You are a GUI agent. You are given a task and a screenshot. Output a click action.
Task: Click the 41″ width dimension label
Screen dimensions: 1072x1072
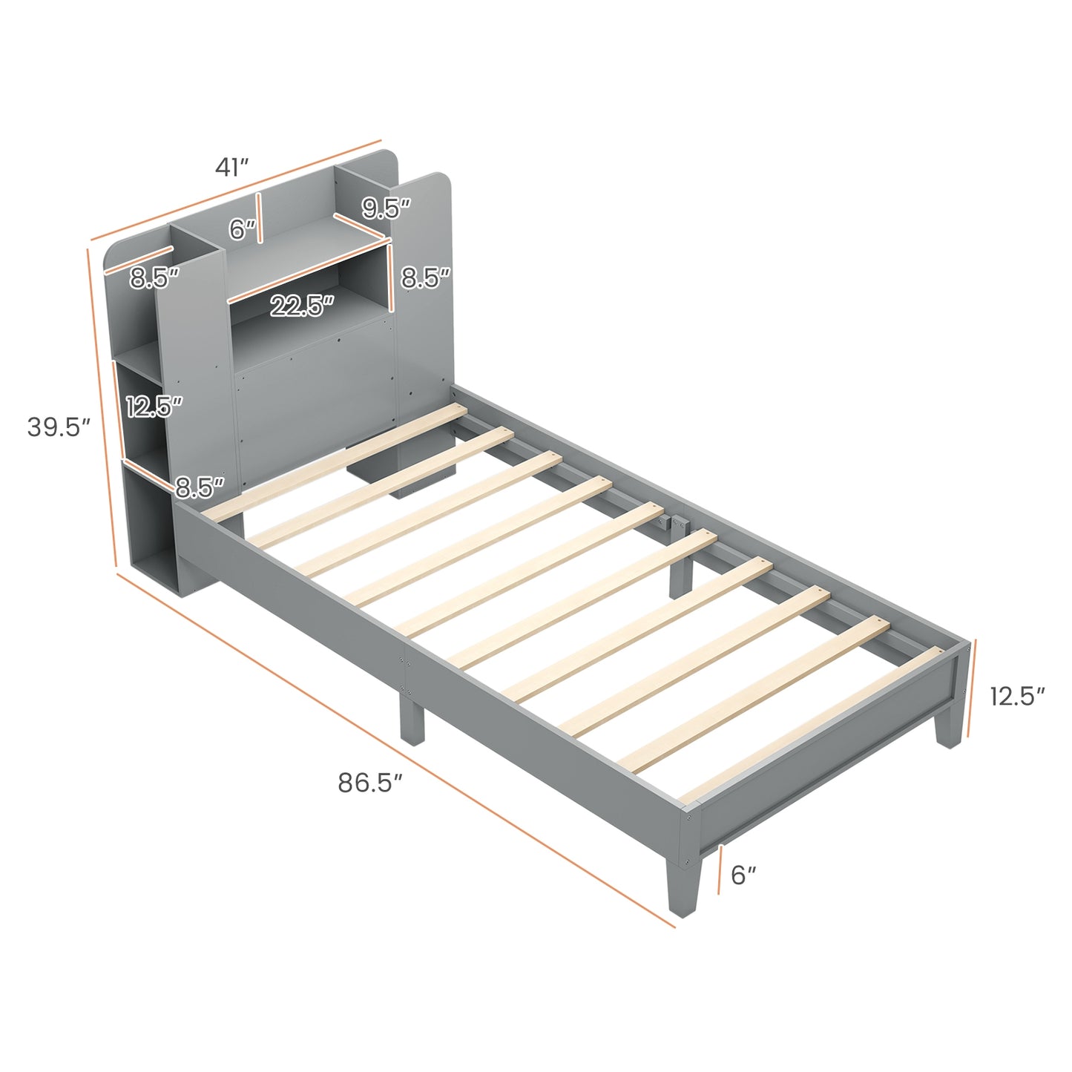(x=231, y=168)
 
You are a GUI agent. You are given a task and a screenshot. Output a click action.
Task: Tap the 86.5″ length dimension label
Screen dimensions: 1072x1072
(x=370, y=783)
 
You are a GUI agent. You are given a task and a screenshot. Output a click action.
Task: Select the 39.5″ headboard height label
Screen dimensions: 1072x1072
(x=59, y=427)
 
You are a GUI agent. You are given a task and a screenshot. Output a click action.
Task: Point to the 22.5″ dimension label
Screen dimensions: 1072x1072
(x=301, y=306)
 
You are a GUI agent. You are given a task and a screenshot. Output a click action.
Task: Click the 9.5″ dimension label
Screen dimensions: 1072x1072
(x=386, y=209)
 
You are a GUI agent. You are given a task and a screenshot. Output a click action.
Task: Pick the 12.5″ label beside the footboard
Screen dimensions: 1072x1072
(x=1016, y=696)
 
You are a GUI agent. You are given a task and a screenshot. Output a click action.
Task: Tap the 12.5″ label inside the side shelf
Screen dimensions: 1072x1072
(x=154, y=407)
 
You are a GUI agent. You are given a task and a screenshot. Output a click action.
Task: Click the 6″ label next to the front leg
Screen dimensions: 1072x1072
(x=743, y=875)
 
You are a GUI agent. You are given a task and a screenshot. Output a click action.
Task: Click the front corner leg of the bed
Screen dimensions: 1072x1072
(x=681, y=887)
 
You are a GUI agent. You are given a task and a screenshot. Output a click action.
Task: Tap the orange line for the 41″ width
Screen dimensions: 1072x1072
(x=236, y=189)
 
